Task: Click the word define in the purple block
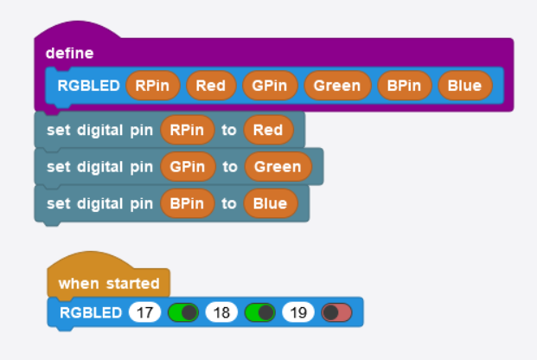[69, 53]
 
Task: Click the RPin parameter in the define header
[153, 86]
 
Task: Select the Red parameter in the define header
[211, 86]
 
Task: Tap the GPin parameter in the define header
[270, 86]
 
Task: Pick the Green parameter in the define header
[337, 86]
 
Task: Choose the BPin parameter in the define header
[404, 86]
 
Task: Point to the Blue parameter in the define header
[465, 86]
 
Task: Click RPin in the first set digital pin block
[188, 130]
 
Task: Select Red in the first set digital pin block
[268, 130]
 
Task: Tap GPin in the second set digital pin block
[188, 167]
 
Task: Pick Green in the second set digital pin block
[278, 167]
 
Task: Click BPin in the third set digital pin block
[188, 203]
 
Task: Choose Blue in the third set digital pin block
[271, 203]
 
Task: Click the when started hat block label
[109, 284]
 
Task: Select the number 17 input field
[144, 312]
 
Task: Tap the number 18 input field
[221, 312]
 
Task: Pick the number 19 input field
[298, 312]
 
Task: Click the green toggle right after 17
[183, 312]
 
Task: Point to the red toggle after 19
[336, 312]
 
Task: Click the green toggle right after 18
[260, 312]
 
